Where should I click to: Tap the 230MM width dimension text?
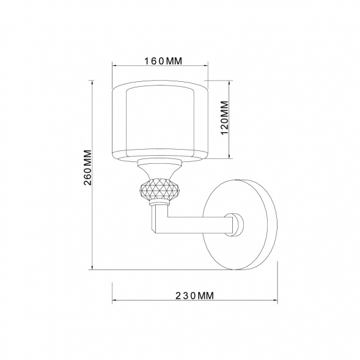pos(194,295)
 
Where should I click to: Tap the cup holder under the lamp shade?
pos(159,166)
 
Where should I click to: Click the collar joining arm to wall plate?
pos(235,224)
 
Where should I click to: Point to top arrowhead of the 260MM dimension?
pos(92,83)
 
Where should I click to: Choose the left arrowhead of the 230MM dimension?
pos(114,299)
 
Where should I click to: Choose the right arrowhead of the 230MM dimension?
pos(276,299)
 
